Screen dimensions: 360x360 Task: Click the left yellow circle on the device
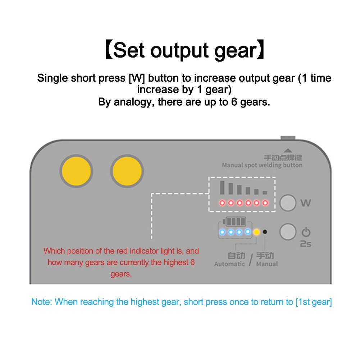pos(76,171)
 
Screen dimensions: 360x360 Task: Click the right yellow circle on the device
pos(127,171)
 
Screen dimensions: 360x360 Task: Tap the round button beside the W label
pos(288,203)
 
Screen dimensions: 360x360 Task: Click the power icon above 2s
pos(306,232)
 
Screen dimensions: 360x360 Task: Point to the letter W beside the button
pos(306,203)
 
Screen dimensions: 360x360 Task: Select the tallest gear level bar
pos(222,188)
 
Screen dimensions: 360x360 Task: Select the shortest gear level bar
pos(265,193)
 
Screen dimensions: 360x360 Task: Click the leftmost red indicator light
pos(222,203)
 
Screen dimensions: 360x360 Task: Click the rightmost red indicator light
pos(265,203)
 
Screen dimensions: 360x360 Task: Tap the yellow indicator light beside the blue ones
pos(256,232)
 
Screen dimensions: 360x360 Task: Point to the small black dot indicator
pos(265,232)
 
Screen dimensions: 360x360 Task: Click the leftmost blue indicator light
pos(222,232)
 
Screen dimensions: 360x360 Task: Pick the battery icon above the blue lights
pos(234,222)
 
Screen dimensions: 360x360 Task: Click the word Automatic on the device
pos(229,264)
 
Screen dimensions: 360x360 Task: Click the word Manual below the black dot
pos(267,264)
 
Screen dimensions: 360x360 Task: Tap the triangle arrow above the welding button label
pos(288,151)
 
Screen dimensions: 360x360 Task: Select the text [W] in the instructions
pos(137,78)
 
